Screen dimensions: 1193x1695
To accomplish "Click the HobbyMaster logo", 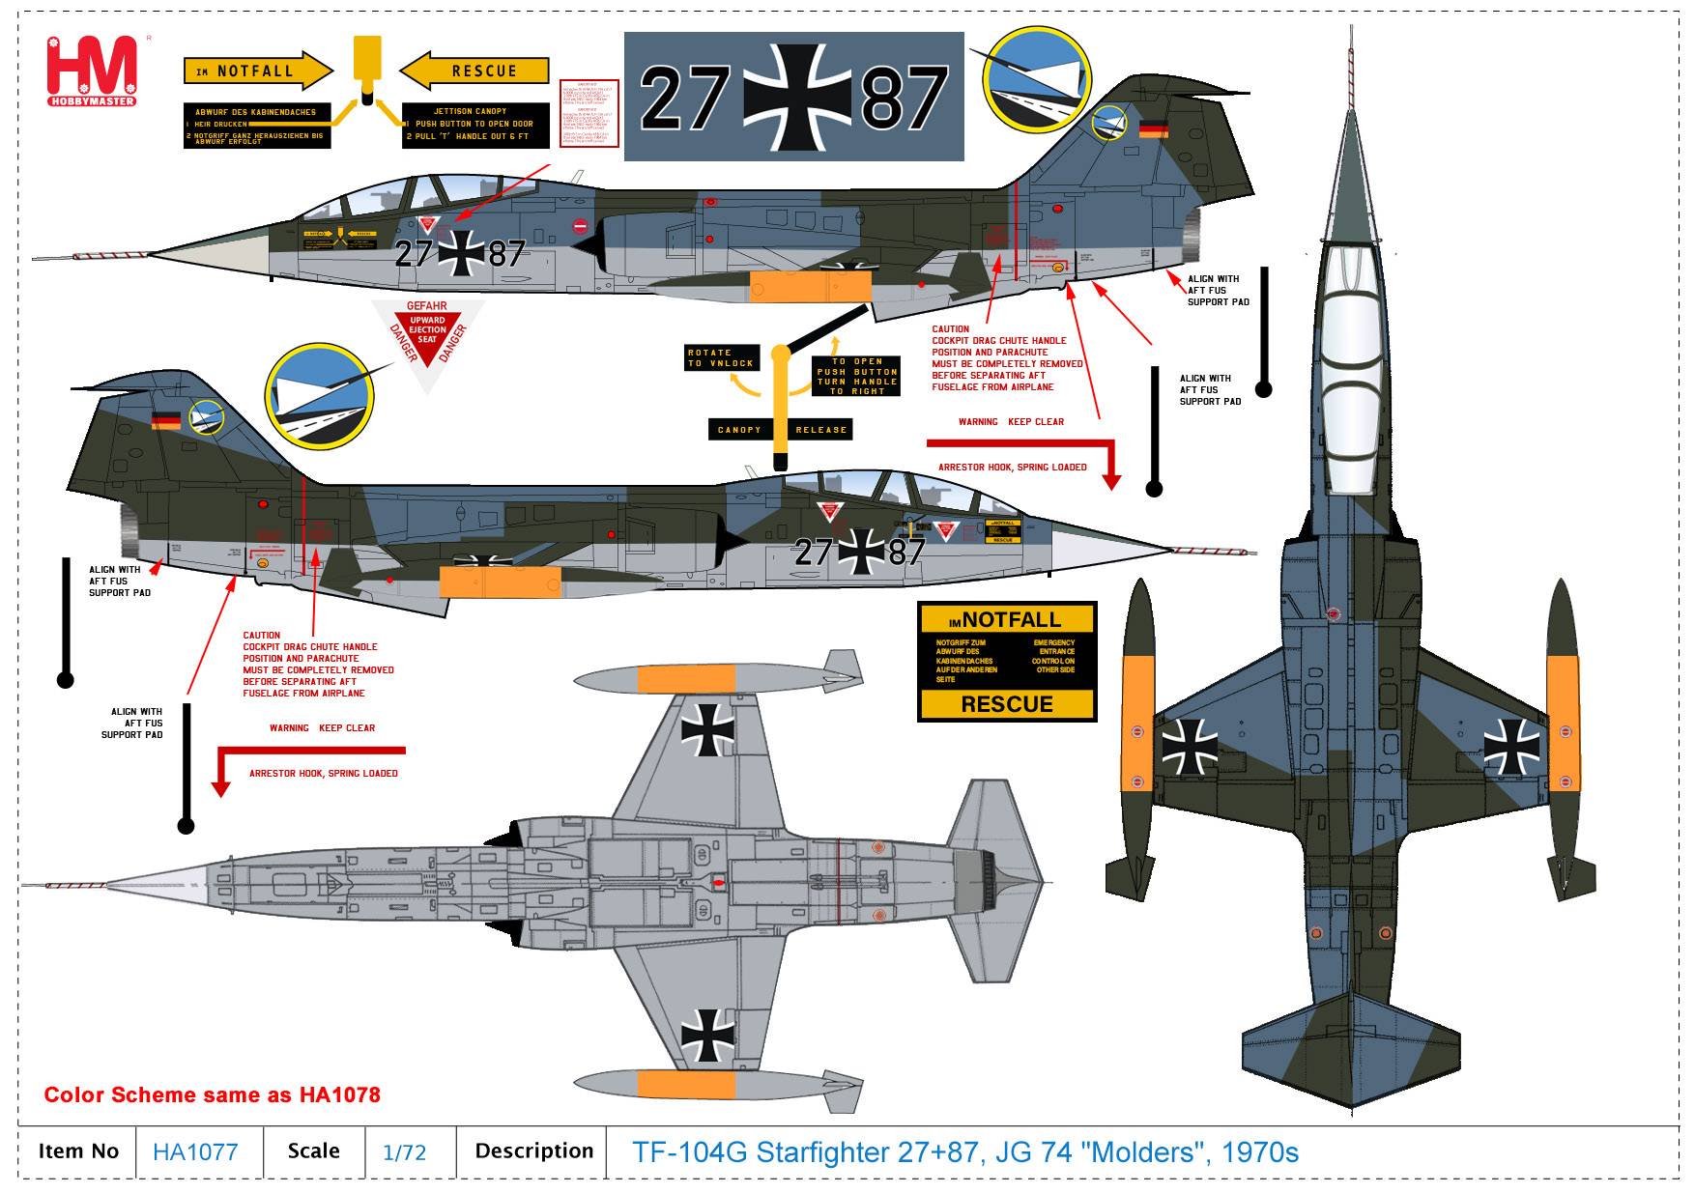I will [x=92, y=71].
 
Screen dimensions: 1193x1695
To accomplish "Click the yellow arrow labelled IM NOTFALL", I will [x=257, y=71].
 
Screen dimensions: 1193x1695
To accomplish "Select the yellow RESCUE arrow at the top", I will [x=474, y=71].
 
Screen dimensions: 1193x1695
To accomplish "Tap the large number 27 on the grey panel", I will [x=684, y=98].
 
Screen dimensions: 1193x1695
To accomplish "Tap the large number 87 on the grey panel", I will [x=905, y=98].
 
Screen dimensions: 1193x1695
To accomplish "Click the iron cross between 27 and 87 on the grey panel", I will [x=795, y=98].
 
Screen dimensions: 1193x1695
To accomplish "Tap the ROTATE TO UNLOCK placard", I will [x=721, y=357].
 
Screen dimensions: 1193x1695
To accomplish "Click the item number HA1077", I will [x=195, y=1152].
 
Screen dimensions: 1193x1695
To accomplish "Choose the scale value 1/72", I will [x=404, y=1152].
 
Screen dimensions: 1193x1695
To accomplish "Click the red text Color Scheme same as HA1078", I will [x=213, y=1095].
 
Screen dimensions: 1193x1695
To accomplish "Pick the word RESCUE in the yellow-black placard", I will [x=1007, y=704].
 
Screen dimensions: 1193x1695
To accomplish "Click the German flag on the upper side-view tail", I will [x=1153, y=130].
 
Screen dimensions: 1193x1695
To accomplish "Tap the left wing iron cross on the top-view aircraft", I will [x=1190, y=746].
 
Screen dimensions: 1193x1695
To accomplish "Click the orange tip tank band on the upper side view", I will [x=810, y=287].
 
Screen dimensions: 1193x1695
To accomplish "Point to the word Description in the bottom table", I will [x=533, y=1151].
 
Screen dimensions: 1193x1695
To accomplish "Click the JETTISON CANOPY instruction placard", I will [x=475, y=126].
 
